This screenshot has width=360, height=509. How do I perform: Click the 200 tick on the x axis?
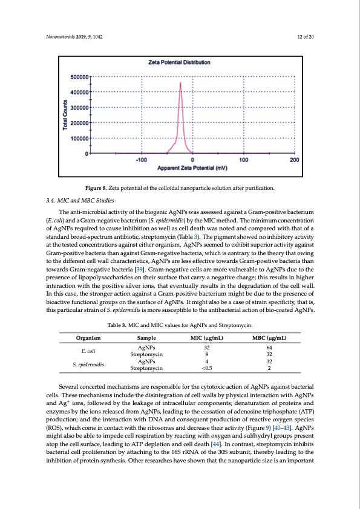[x=294, y=160]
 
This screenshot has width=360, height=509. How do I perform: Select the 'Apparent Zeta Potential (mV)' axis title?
[x=192, y=167]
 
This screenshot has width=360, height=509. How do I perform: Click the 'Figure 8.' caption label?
[x=96, y=189]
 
